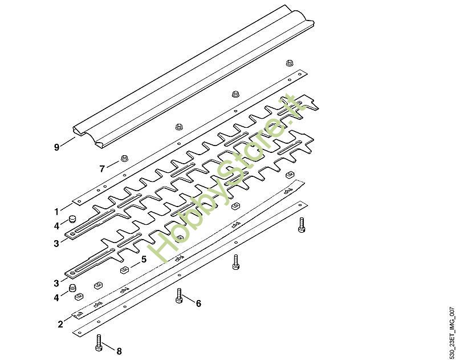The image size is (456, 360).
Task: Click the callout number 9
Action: [56, 147]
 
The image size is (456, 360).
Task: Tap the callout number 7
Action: [102, 169]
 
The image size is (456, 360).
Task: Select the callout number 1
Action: [56, 212]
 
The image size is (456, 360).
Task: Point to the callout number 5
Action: [144, 259]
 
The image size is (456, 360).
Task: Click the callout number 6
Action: [198, 304]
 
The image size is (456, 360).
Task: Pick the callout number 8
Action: [119, 351]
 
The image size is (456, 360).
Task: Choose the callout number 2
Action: [60, 324]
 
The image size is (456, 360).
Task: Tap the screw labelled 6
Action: [179, 296]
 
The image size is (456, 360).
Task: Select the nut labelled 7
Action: [124, 159]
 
